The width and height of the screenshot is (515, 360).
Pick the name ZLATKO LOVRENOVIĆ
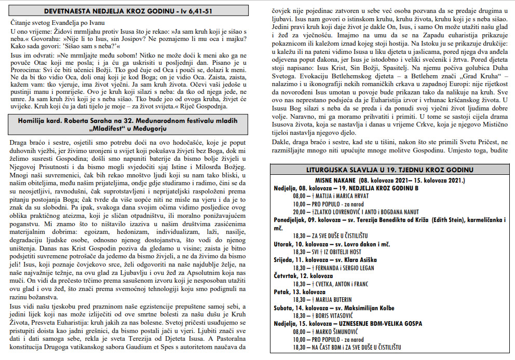343,212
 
